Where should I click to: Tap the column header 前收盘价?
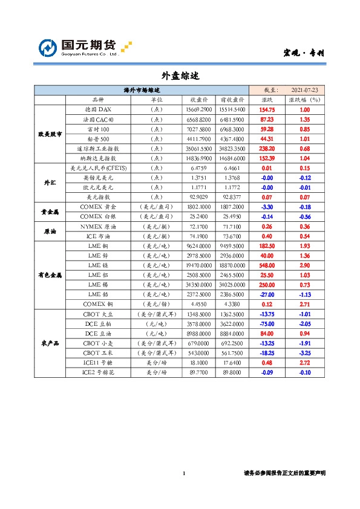(x=232, y=99)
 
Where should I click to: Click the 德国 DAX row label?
(x=98, y=109)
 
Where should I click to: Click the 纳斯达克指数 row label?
(x=98, y=158)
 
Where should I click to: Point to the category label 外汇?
(x=50, y=182)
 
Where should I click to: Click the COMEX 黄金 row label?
(x=98, y=206)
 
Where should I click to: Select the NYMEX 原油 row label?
(x=98, y=226)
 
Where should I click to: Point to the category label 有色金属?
(x=50, y=274)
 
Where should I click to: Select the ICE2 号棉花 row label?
(x=98, y=372)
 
